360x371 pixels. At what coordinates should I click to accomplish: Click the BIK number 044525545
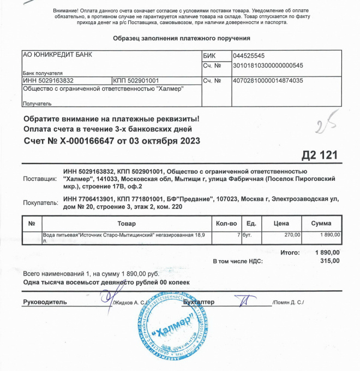248,56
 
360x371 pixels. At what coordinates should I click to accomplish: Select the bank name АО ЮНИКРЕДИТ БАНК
57,55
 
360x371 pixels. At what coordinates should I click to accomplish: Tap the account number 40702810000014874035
267,81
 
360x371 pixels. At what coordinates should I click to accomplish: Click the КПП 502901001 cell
136,81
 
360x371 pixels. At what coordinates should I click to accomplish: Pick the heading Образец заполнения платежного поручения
181,38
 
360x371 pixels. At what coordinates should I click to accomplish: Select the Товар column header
127,223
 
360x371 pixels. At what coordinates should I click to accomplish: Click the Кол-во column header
226,223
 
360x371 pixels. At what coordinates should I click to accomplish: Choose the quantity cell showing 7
238,234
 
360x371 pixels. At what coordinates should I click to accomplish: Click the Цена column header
281,223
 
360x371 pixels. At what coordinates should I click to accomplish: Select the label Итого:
289,253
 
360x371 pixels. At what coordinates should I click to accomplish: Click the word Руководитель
45,302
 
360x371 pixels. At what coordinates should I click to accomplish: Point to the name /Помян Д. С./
287,303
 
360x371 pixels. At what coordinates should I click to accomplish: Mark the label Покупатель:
40,203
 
